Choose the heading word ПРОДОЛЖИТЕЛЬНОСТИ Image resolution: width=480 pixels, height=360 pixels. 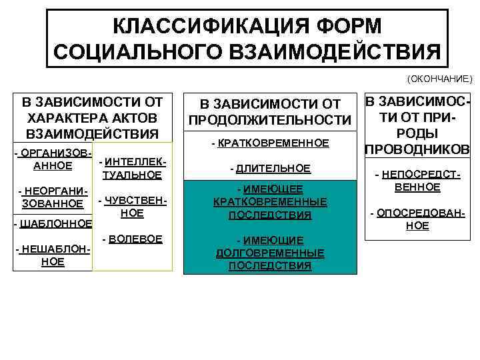[269, 120]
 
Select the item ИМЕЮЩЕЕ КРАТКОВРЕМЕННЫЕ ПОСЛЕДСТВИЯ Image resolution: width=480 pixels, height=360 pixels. [269, 201]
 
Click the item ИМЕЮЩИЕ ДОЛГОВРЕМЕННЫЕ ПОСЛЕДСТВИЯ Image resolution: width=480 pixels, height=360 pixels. [269, 253]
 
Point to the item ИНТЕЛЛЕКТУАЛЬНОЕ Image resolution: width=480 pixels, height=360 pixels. [132, 169]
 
